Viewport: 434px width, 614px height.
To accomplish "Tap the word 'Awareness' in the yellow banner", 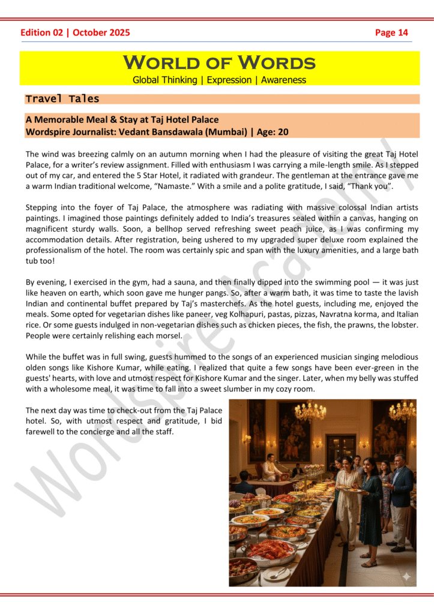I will (283, 80).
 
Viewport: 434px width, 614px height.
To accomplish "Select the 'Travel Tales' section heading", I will (62, 99).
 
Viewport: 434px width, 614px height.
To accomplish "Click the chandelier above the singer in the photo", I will (310, 411).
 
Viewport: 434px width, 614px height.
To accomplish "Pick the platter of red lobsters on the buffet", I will (271, 549).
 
